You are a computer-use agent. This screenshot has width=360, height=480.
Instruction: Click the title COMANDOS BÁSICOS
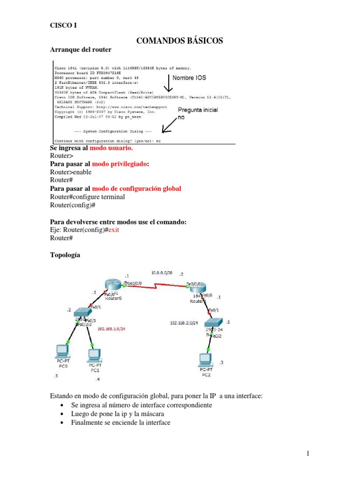tap(180, 41)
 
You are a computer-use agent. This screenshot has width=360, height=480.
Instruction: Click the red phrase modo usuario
tap(112, 148)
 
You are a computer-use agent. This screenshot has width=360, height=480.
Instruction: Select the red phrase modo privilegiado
tap(120, 164)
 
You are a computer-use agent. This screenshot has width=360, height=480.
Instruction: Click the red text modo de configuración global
tap(136, 188)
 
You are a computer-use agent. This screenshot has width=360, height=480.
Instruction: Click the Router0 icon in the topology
tap(113, 285)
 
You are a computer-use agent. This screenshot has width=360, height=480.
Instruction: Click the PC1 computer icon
tap(95, 354)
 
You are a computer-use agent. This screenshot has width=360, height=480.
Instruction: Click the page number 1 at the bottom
tap(308, 453)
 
